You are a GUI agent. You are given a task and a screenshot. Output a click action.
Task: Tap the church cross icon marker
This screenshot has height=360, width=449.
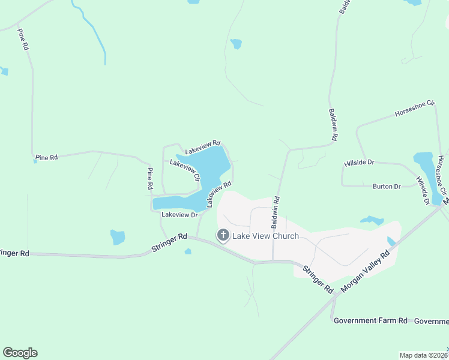[x=223, y=235]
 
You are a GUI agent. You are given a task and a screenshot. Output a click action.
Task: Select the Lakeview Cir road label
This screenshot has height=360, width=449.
[x=184, y=170]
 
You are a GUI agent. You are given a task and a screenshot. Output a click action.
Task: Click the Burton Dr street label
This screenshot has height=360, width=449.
[x=386, y=187]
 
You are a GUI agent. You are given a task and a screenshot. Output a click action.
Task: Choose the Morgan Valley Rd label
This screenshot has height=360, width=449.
[x=364, y=271]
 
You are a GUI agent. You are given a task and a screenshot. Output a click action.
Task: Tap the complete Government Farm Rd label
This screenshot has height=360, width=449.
[x=370, y=321]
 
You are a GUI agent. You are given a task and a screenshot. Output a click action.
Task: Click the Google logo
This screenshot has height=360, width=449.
[x=20, y=353]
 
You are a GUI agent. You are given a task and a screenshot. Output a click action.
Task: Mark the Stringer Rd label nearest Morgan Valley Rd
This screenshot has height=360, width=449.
[x=318, y=279]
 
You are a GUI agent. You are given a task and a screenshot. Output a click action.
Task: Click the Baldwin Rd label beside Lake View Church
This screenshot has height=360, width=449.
[x=275, y=213]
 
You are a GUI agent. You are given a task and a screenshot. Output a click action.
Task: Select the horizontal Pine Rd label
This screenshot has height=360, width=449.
[x=46, y=157]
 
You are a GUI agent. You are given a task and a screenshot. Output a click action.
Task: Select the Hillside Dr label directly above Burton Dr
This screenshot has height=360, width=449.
[x=359, y=163]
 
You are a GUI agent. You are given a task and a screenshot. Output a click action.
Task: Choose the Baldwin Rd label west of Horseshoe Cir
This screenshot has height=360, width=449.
[x=333, y=125]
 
